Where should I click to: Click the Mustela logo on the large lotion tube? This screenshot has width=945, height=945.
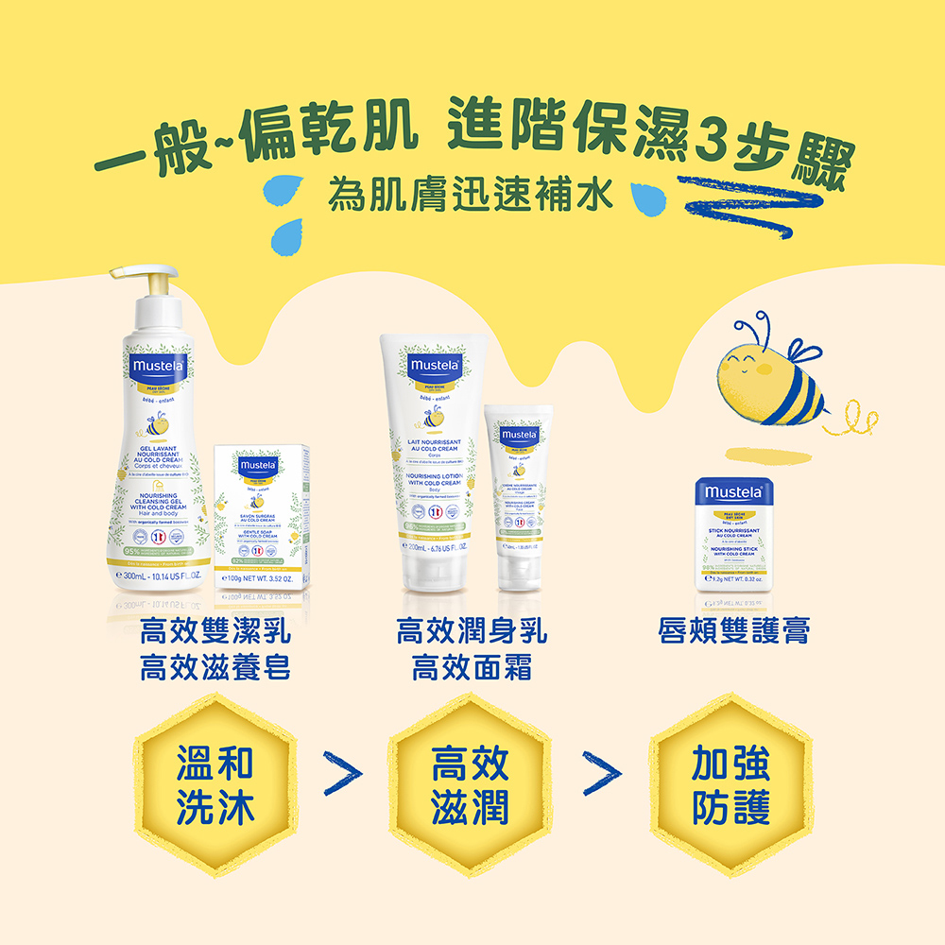(x=434, y=365)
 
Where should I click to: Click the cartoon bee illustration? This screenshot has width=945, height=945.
(x=770, y=374)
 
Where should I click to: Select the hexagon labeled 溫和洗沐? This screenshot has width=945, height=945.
(x=216, y=785)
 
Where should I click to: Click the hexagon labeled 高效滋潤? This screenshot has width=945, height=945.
(x=470, y=785)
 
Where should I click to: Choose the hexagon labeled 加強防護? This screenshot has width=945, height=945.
(x=730, y=785)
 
